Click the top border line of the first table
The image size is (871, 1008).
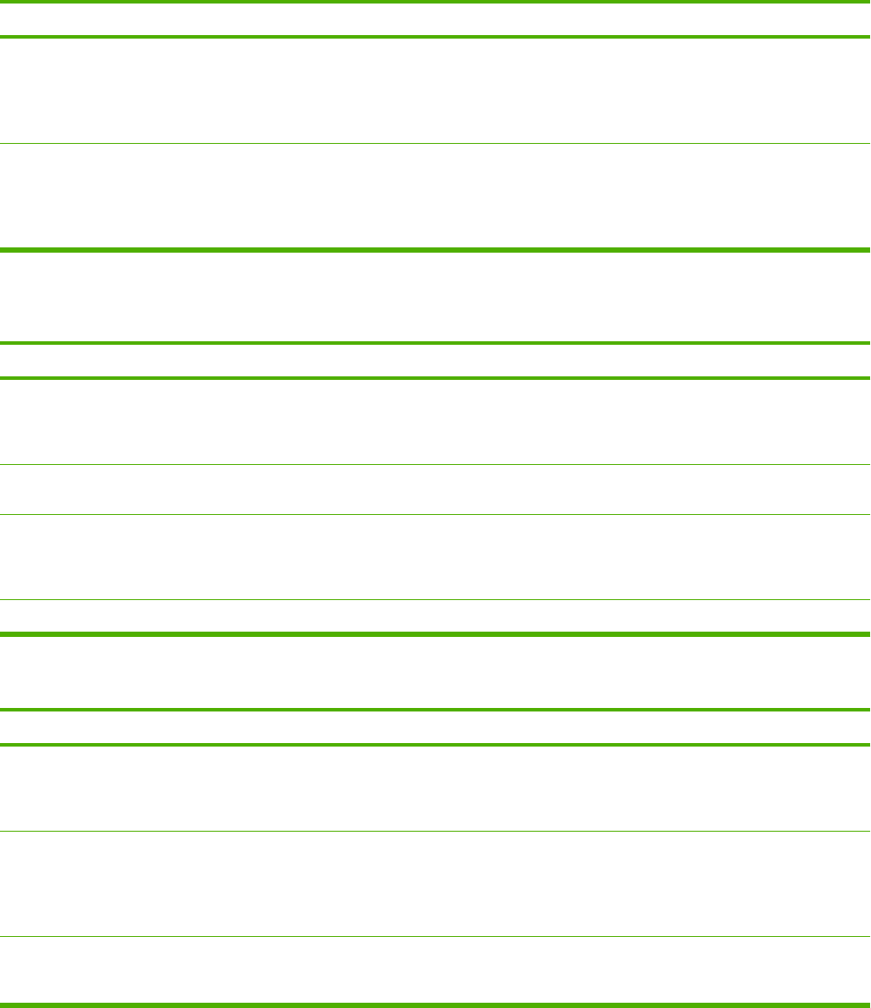pyautogui.click(x=435, y=2)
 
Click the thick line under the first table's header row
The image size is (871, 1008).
pyautogui.click(x=435, y=37)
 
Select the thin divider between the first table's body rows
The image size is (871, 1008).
pyautogui.click(x=435, y=143)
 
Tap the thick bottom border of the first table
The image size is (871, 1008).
pyautogui.click(x=435, y=250)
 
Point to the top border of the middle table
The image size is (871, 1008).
pyautogui.click(x=435, y=342)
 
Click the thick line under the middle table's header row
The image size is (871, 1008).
pyautogui.click(x=435, y=377)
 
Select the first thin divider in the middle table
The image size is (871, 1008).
pyautogui.click(x=435, y=464)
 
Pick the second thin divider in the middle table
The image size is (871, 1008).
pyautogui.click(x=435, y=514)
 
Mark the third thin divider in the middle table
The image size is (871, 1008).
pyautogui.click(x=435, y=600)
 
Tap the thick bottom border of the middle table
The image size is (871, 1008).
pyautogui.click(x=435, y=633)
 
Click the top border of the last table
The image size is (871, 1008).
pyautogui.click(x=435, y=710)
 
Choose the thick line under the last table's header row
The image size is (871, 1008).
pyautogui.click(x=435, y=745)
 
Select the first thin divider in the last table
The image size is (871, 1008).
pyautogui.click(x=435, y=831)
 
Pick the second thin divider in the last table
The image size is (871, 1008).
pyautogui.click(x=435, y=936)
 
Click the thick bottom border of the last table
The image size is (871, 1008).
pyautogui.click(x=435, y=1004)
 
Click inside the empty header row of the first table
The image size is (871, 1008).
pyautogui.click(x=435, y=19)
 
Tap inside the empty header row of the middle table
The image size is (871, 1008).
pyautogui.click(x=435, y=360)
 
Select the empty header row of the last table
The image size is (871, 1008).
pyautogui.click(x=435, y=727)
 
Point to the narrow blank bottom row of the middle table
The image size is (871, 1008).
pyautogui.click(x=435, y=617)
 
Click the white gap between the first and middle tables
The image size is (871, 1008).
pyautogui.click(x=435, y=297)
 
